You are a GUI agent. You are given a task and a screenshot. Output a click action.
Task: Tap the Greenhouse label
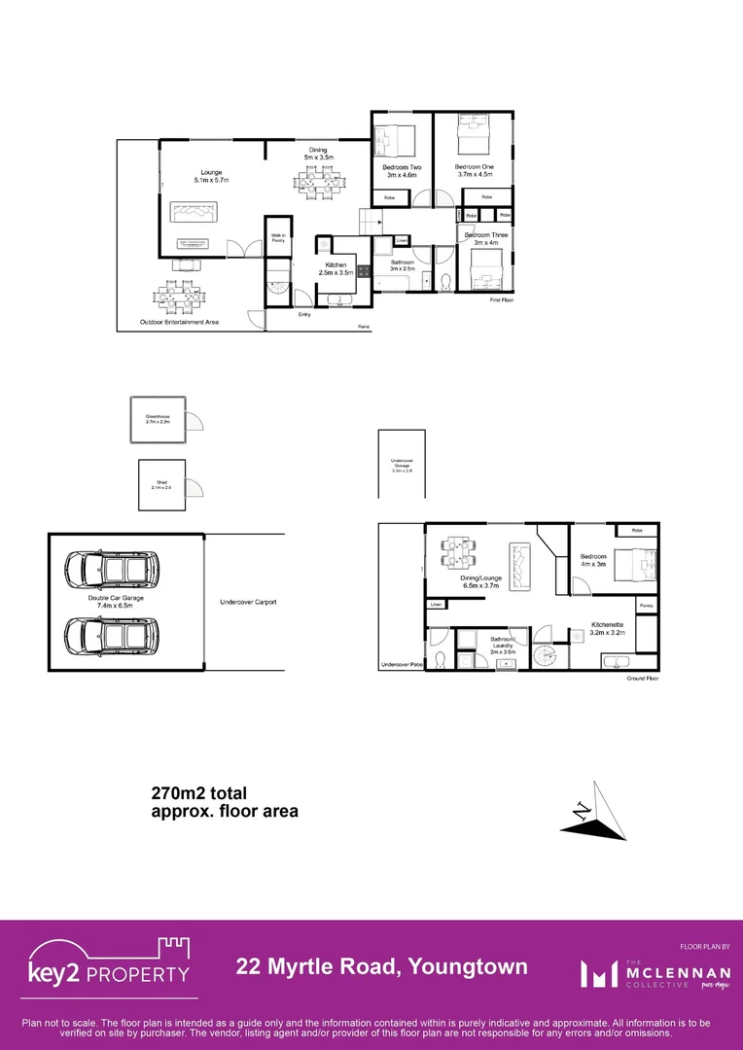(158, 419)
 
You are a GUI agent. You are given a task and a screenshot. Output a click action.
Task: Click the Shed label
(161, 484)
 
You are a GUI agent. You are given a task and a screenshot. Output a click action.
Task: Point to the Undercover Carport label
(248, 602)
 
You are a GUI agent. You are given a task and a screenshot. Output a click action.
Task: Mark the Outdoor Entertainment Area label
(179, 322)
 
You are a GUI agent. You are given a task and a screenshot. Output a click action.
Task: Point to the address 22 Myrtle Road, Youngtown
(382, 966)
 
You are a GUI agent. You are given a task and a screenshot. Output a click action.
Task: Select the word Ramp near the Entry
(364, 326)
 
